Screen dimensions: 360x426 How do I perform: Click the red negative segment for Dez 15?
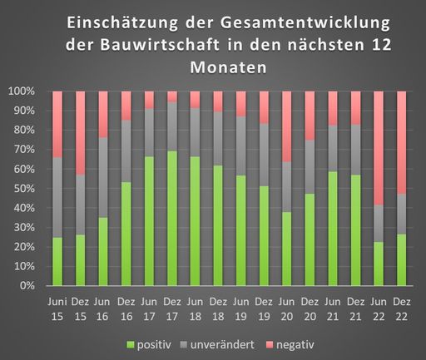point(81,133)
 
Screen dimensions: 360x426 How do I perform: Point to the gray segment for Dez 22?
point(402,214)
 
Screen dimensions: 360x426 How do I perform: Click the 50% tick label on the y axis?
point(23,188)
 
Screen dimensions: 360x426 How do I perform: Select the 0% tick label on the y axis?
point(26,286)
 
